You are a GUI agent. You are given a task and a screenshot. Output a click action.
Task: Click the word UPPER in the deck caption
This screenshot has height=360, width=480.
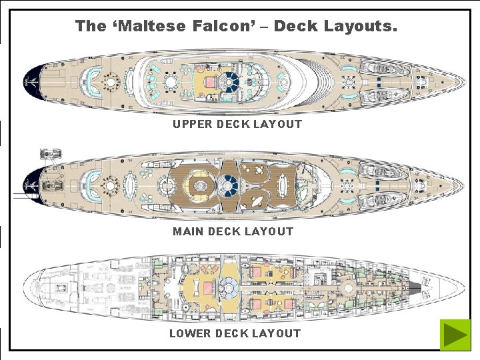tap(191, 124)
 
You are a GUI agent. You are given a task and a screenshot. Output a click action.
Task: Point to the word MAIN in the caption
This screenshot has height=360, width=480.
tap(189, 231)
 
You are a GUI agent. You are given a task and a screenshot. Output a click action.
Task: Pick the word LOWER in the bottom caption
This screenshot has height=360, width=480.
tap(189, 333)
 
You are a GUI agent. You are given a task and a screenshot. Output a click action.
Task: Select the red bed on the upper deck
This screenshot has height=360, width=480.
tap(211, 83)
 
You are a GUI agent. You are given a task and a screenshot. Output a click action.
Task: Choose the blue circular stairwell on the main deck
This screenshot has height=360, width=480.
tap(229, 181)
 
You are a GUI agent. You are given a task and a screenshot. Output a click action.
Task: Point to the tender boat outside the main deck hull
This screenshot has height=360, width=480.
tap(49, 155)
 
